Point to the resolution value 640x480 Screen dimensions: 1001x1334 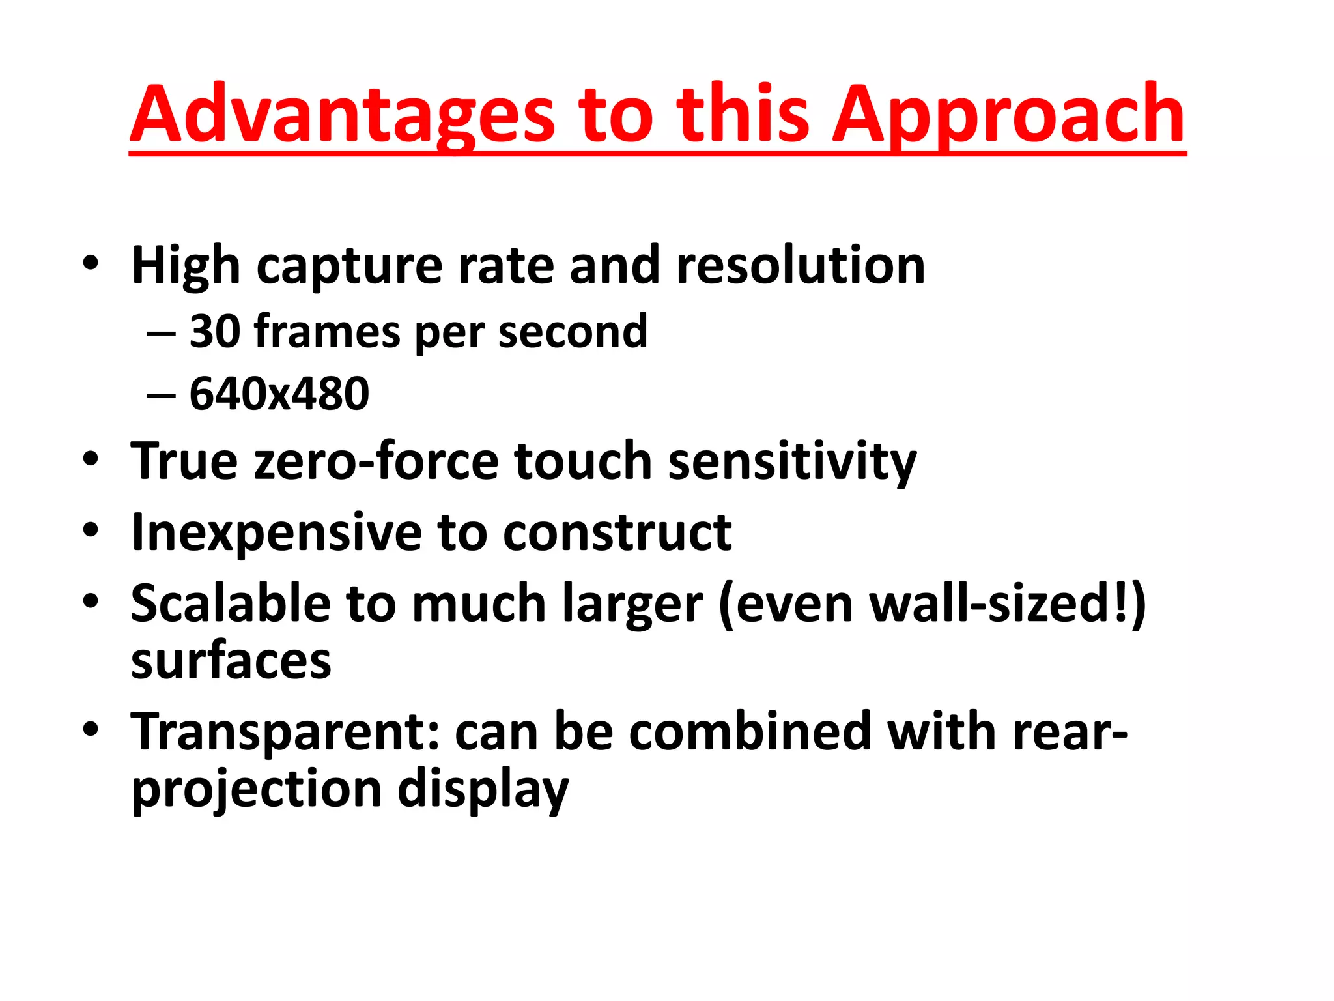pos(279,394)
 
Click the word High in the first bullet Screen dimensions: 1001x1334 pos(186,266)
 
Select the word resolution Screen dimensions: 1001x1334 pos(801,266)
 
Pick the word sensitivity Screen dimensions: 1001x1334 pos(792,461)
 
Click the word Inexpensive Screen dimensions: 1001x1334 pos(276,532)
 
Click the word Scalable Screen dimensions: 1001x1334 pos(231,603)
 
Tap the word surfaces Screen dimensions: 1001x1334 pos(231,661)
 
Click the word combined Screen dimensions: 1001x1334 pos(750,731)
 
